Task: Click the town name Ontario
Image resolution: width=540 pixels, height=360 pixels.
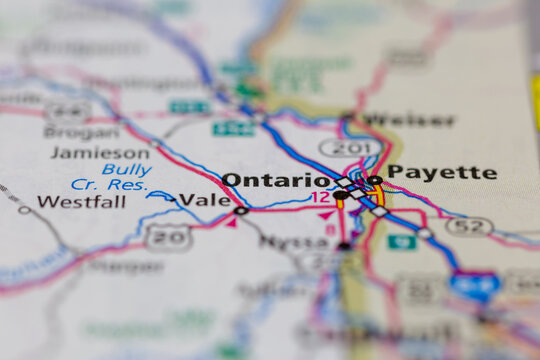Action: pyautogui.click(x=276, y=180)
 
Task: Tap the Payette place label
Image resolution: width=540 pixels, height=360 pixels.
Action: pyautogui.click(x=441, y=172)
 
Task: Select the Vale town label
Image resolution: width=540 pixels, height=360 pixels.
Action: pyautogui.click(x=206, y=200)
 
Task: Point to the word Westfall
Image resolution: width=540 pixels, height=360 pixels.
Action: pyautogui.click(x=81, y=201)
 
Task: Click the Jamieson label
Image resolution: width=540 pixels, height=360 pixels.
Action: pyautogui.click(x=99, y=152)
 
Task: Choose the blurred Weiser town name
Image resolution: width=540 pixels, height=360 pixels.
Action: pyautogui.click(x=407, y=120)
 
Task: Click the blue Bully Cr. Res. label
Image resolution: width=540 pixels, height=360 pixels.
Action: pyautogui.click(x=111, y=177)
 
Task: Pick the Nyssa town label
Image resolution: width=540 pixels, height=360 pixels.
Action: pyautogui.click(x=293, y=242)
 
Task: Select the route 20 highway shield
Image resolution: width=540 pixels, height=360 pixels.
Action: pyautogui.click(x=167, y=236)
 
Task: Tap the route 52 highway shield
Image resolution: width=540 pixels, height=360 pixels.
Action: pyautogui.click(x=468, y=227)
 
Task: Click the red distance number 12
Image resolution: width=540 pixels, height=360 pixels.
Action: pyautogui.click(x=320, y=198)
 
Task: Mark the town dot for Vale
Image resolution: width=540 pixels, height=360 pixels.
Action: pyautogui.click(x=240, y=211)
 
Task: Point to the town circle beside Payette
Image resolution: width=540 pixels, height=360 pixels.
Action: pyautogui.click(x=375, y=181)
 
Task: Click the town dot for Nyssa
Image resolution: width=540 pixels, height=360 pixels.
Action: pyautogui.click(x=344, y=245)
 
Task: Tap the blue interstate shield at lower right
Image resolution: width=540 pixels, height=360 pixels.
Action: pyautogui.click(x=474, y=287)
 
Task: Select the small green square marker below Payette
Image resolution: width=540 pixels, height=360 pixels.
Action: pyautogui.click(x=401, y=242)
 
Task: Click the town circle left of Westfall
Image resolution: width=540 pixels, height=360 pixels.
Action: pyautogui.click(x=24, y=210)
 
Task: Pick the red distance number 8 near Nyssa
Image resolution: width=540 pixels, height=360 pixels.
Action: pyautogui.click(x=331, y=229)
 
